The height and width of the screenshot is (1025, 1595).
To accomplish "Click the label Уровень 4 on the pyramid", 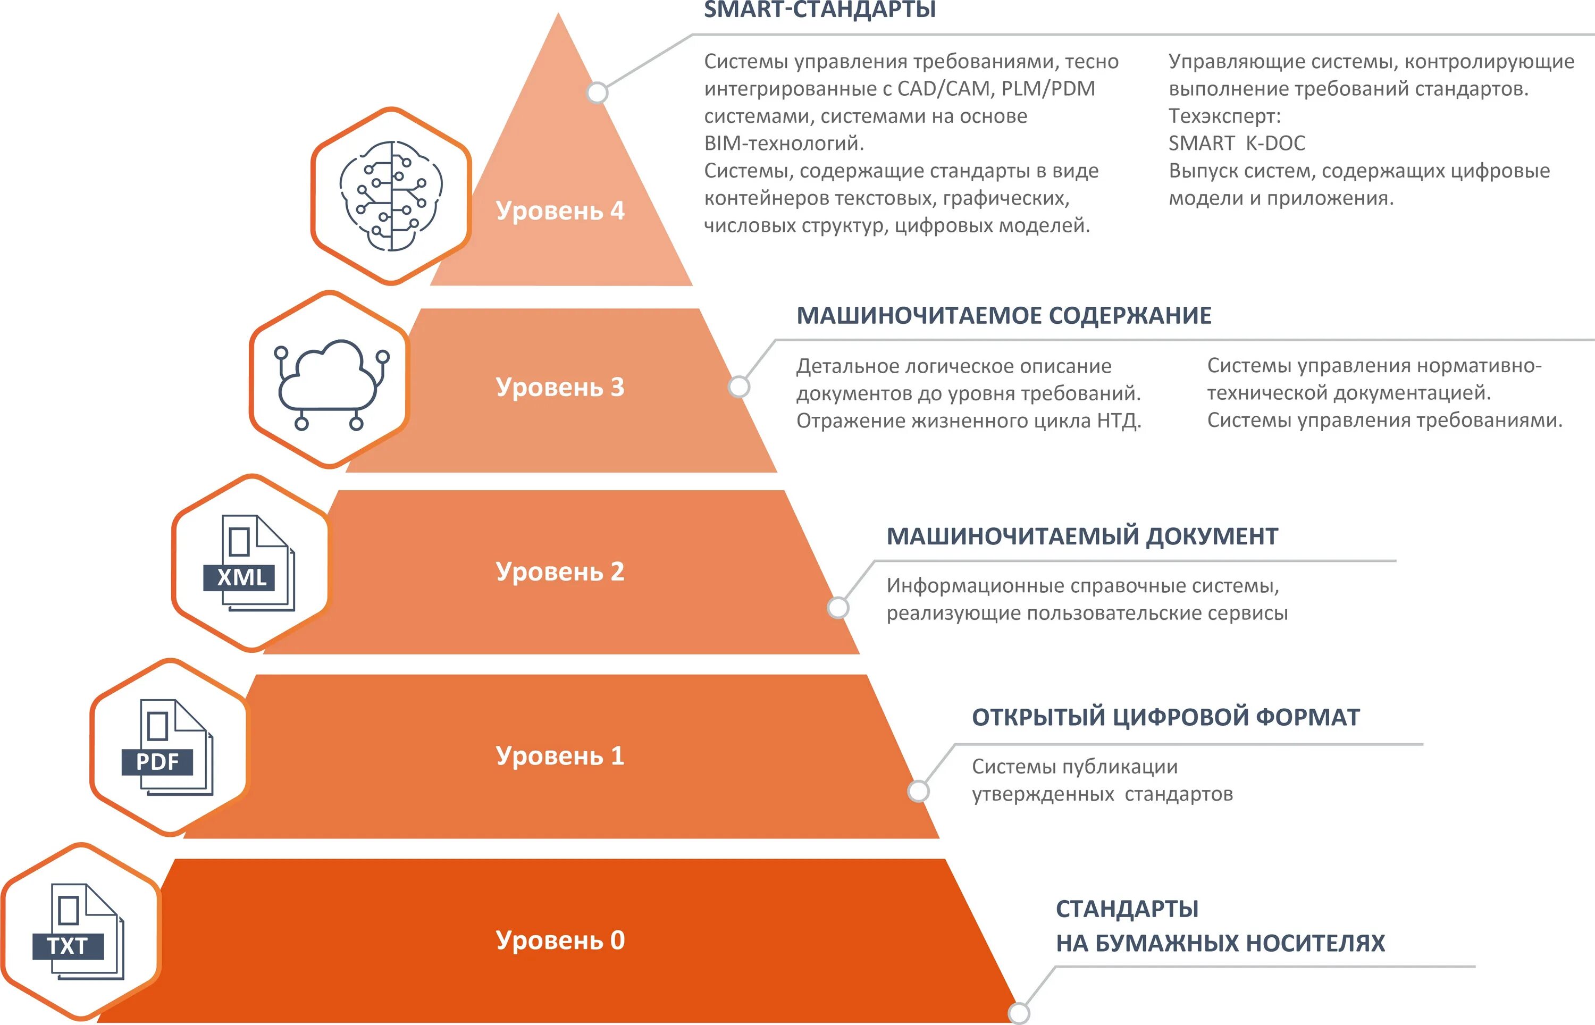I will tap(560, 211).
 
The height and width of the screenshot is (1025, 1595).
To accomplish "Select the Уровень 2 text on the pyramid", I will tap(560, 572).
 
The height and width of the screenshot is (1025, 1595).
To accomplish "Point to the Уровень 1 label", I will tap(560, 756).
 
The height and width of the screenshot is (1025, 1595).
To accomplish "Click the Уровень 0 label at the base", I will tap(560, 940).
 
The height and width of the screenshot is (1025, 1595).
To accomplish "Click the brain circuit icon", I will tap(391, 196).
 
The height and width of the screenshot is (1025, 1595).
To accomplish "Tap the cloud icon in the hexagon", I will tap(331, 382).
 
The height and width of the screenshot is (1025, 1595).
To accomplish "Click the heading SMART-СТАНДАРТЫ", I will tap(820, 10).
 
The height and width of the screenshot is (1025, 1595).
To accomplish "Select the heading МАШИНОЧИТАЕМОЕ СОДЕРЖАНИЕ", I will tap(1003, 315).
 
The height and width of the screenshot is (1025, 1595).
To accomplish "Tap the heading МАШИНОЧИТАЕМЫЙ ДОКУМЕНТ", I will tap(1082, 536).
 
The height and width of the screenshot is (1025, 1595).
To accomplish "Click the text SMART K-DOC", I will tap(1236, 143).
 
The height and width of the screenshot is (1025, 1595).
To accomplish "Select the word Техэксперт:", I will tap(1224, 116).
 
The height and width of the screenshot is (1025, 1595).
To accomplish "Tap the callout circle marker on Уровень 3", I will tap(738, 387).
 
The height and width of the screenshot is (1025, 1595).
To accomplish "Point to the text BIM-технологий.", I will tap(783, 143).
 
